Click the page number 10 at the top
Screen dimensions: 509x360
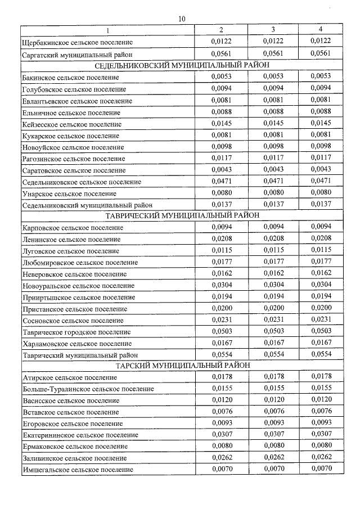coord(181,19)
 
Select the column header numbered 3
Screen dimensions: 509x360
coord(273,29)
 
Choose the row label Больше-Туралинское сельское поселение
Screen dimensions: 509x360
coord(87,389)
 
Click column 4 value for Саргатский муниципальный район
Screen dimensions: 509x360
coord(321,54)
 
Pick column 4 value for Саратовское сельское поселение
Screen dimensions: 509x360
coord(321,169)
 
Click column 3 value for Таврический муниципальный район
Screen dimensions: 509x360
coord(273,354)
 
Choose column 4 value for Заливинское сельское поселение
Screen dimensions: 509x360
coord(321,457)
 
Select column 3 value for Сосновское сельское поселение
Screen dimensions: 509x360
coord(273,319)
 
